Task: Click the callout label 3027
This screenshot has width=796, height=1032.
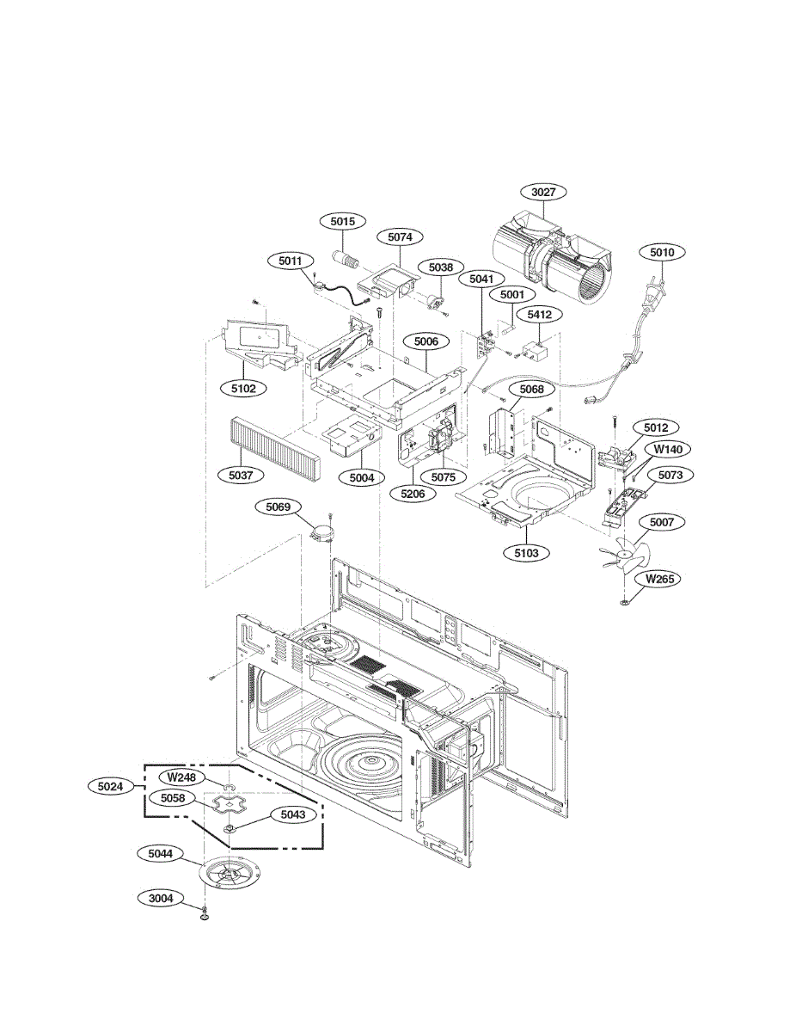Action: [x=543, y=193]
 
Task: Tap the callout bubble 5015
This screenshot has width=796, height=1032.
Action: [x=343, y=222]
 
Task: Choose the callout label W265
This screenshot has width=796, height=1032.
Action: [x=660, y=579]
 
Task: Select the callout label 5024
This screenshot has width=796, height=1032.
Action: [x=112, y=785]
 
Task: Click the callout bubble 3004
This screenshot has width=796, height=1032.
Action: [x=161, y=899]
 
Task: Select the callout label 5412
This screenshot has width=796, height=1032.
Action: [x=539, y=316]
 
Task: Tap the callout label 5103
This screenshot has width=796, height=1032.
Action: [x=526, y=553]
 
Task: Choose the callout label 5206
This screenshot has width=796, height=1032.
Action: [x=412, y=494]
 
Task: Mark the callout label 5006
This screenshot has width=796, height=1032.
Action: [x=426, y=341]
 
